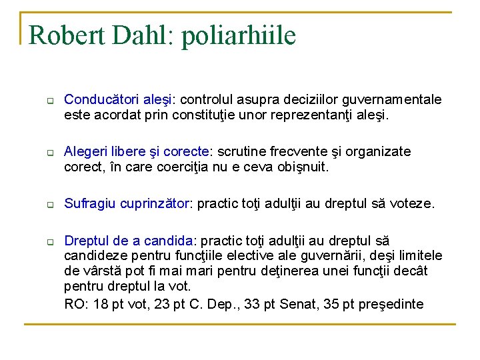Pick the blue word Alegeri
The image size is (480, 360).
pos(85,151)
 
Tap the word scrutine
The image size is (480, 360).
pos(241,151)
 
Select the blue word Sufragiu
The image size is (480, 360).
pos(90,203)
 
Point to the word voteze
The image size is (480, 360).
pos(413,203)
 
